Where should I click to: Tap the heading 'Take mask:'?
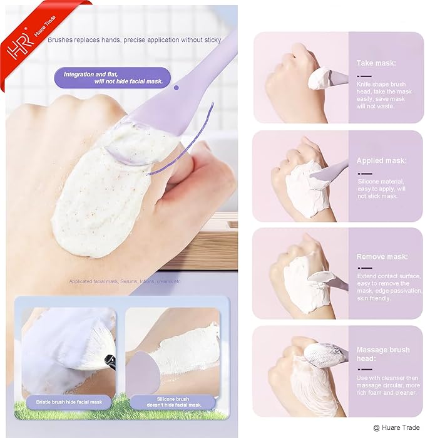pyautogui.click(x=375, y=63)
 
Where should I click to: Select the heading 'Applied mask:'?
pyautogui.click(x=381, y=161)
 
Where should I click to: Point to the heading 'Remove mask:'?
pyautogui.click(x=382, y=257)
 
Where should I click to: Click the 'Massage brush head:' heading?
pyautogui.click(x=383, y=353)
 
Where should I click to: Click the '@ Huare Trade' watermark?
pyautogui.click(x=398, y=428)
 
